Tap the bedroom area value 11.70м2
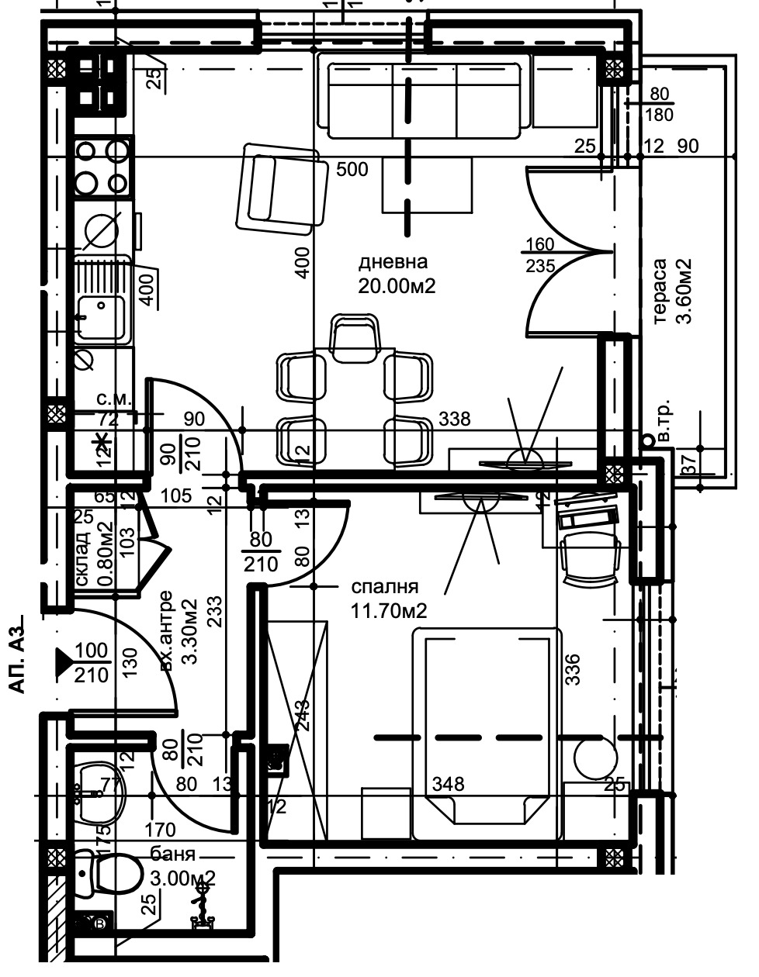click(389, 612)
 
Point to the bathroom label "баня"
click(172, 855)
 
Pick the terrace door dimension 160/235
click(540, 255)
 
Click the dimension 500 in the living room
click(352, 170)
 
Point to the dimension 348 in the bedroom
click(449, 784)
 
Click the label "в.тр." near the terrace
click(664, 423)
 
